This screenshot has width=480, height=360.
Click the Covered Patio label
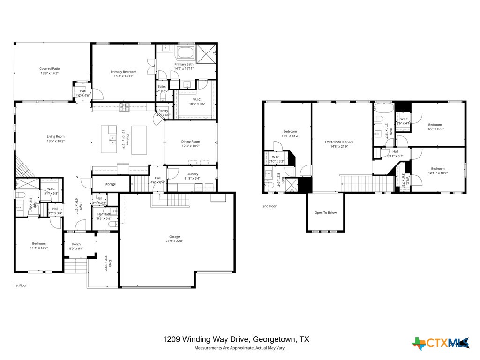pyautogui.click(x=49, y=69)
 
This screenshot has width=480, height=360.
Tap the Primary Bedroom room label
pyautogui.click(x=123, y=72)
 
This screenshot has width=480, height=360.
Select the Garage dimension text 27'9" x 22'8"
pyautogui.click(x=174, y=241)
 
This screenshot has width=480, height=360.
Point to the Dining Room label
pyautogui.click(x=191, y=141)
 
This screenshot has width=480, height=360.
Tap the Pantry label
pyautogui.click(x=163, y=111)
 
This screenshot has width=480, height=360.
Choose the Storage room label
pyautogui.click(x=110, y=184)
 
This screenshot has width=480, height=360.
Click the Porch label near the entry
pyautogui.click(x=76, y=244)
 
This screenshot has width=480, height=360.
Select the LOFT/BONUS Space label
pyautogui.click(x=339, y=142)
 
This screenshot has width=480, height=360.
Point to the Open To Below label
pyautogui.click(x=325, y=212)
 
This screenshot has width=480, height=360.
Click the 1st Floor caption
pyautogui.click(x=20, y=285)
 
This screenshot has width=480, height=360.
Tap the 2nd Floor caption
pyautogui.click(x=269, y=206)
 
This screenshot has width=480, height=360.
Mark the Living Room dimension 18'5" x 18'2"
pyautogui.click(x=55, y=141)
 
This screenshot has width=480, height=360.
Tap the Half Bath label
pyautogui.click(x=104, y=214)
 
